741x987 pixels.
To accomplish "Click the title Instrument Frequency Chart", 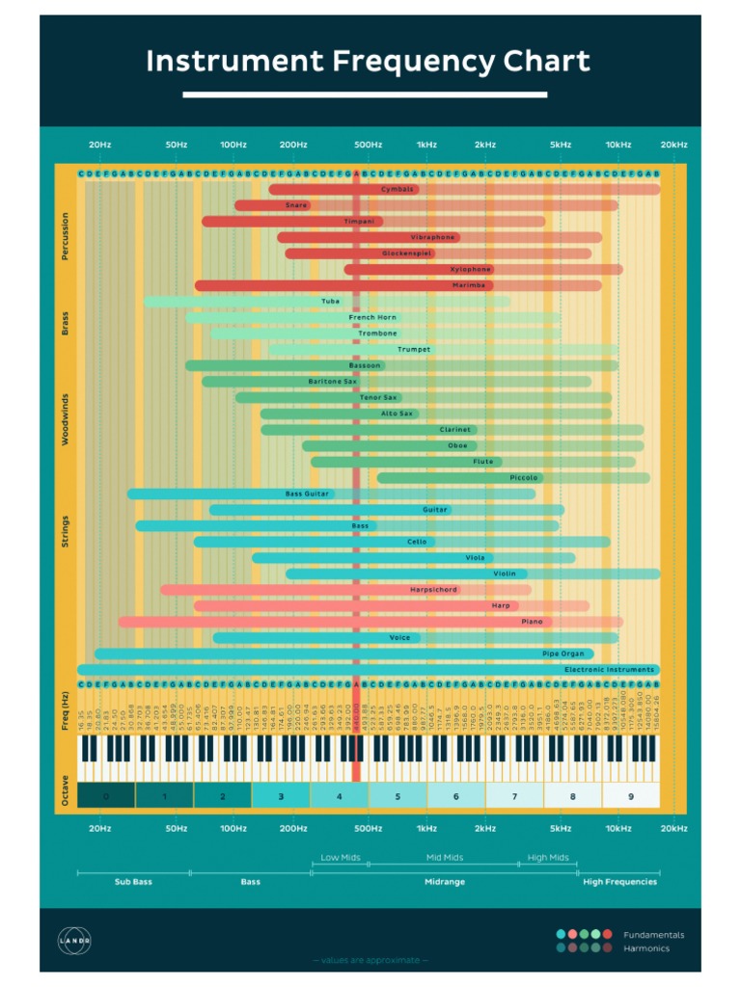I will point(368,62).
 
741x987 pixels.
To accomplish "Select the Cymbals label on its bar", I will point(397,189).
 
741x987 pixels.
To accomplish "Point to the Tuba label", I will point(331,302).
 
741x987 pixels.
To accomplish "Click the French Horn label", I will point(372,317).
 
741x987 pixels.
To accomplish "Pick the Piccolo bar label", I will point(525,478).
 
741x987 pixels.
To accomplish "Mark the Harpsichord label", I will point(433,590).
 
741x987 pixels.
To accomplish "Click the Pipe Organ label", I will point(563,654).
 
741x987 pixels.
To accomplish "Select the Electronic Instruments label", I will point(609,670).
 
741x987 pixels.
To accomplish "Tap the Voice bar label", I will point(399,638).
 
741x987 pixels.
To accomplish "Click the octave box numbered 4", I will point(339,796).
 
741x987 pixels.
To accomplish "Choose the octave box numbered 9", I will point(631,796).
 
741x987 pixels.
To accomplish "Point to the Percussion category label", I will point(66,236).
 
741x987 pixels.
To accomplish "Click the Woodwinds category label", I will point(66,421).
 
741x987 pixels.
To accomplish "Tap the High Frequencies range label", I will point(619,881).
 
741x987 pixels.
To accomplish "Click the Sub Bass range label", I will point(133,881).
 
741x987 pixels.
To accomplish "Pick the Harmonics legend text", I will point(646,948).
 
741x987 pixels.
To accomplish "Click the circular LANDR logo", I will point(73,941).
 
